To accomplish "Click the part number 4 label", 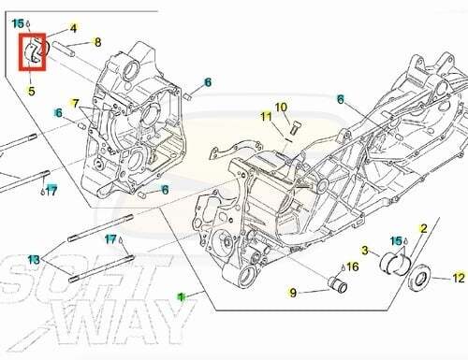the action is [x=73, y=28].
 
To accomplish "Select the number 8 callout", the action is [x=97, y=42].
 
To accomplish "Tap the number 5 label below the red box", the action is [x=31, y=91].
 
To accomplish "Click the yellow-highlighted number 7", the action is [x=75, y=104].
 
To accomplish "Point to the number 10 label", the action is [x=281, y=108].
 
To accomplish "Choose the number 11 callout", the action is [x=266, y=117].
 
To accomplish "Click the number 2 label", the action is [x=423, y=229].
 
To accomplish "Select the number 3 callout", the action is [x=365, y=250].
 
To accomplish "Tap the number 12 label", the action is [x=459, y=278].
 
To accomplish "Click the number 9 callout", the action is [x=293, y=293].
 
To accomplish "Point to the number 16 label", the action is [x=352, y=266].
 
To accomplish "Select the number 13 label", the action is [x=34, y=259].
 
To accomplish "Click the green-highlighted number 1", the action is [x=181, y=296].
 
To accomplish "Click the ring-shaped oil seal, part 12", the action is [x=421, y=278].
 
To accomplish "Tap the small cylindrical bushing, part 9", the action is [x=337, y=284].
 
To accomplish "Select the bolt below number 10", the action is [x=294, y=128].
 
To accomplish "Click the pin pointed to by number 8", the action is [x=64, y=49].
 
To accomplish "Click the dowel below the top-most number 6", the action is [x=187, y=96].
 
